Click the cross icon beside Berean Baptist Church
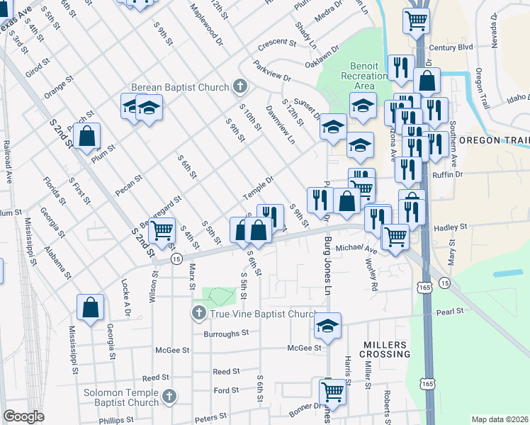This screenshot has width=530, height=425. (x=239, y=87)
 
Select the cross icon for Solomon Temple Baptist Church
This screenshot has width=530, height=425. (x=169, y=397)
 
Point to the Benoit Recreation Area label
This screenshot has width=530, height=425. (x=363, y=76)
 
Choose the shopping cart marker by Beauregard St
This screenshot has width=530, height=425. (x=162, y=230)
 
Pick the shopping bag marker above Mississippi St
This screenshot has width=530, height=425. (x=90, y=308)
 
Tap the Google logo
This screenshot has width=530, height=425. (x=23, y=416)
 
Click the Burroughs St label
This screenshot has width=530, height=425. (x=226, y=332)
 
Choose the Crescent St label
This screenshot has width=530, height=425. (x=271, y=42)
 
